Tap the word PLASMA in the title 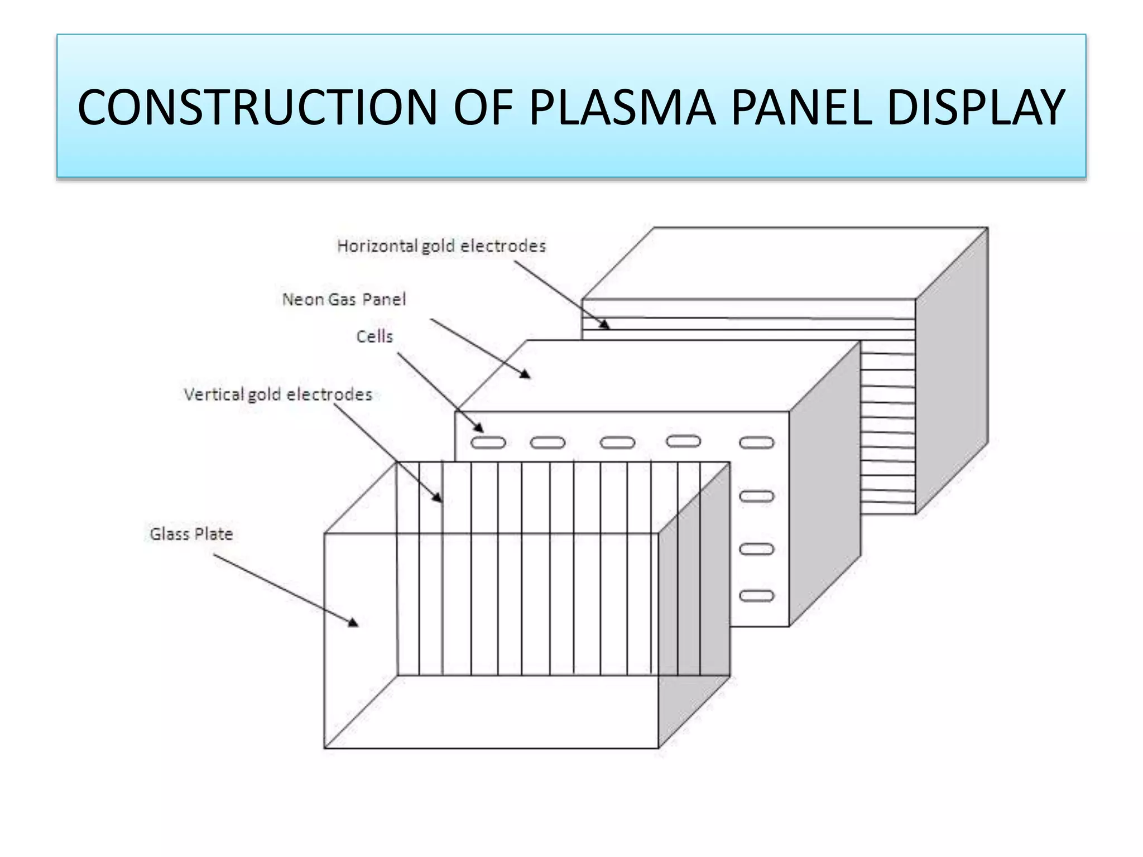click(x=622, y=107)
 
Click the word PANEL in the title click(x=800, y=107)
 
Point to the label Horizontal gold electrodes click(x=441, y=246)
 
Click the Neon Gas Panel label click(x=344, y=300)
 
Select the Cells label click(x=374, y=336)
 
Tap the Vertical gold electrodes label click(x=278, y=394)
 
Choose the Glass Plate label click(x=191, y=534)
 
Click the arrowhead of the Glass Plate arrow click(x=354, y=623)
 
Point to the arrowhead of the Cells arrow click(x=479, y=427)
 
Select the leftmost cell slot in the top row click(x=488, y=443)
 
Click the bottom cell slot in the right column click(x=757, y=596)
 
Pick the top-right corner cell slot click(x=757, y=443)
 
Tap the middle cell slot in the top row click(x=617, y=443)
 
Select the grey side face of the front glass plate click(x=694, y=603)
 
